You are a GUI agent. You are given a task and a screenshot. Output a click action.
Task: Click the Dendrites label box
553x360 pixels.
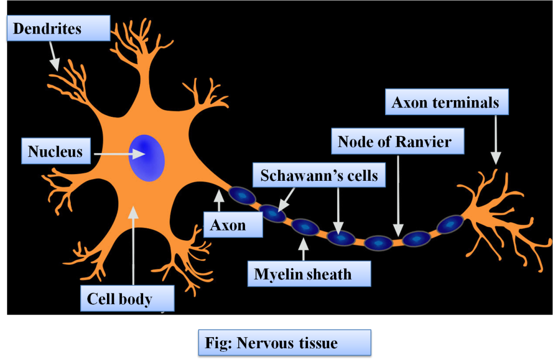click(x=58, y=28)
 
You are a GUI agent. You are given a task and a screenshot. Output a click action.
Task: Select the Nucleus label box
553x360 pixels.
click(x=56, y=151)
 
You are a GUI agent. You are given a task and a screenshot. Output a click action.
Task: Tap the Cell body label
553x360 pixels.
click(x=127, y=299)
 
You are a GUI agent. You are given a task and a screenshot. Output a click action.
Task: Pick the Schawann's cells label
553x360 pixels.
click(x=319, y=176)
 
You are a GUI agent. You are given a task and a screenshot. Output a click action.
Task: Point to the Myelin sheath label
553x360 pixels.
click(x=309, y=274)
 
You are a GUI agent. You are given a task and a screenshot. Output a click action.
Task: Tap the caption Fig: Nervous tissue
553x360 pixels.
click(x=285, y=342)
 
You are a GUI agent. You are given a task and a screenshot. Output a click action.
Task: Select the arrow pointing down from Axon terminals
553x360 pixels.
click(x=496, y=139)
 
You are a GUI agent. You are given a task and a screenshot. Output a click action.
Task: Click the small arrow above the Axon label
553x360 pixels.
click(x=219, y=201)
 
